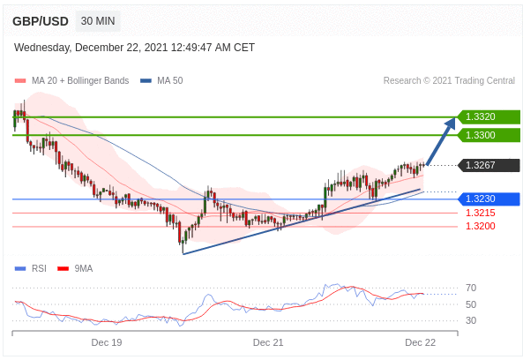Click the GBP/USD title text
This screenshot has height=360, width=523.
click(x=41, y=21)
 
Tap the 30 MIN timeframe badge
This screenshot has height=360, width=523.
click(x=98, y=21)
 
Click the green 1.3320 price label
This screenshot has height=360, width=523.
click(x=489, y=116)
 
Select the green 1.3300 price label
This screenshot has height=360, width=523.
click(x=489, y=135)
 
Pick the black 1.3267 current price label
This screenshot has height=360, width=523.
click(x=489, y=165)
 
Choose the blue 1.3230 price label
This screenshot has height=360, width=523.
click(x=489, y=199)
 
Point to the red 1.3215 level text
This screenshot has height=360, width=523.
click(x=481, y=213)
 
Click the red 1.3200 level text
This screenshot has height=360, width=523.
click(x=481, y=226)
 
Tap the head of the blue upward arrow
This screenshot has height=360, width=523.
click(x=452, y=121)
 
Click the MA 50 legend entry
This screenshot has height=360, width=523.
click(x=161, y=81)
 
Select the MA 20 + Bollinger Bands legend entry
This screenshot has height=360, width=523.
click(x=71, y=81)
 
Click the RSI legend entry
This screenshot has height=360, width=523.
click(x=31, y=268)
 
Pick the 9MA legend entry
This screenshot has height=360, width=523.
click(x=75, y=268)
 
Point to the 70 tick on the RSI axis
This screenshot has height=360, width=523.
click(x=471, y=288)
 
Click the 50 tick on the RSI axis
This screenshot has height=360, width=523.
click(x=471, y=304)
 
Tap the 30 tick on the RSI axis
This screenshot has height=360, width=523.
click(x=471, y=320)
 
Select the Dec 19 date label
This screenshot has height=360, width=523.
click(x=107, y=342)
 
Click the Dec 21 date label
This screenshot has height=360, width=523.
click(x=268, y=342)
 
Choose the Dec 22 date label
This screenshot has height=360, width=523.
click(x=421, y=342)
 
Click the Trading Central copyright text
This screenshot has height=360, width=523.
click(x=449, y=81)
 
